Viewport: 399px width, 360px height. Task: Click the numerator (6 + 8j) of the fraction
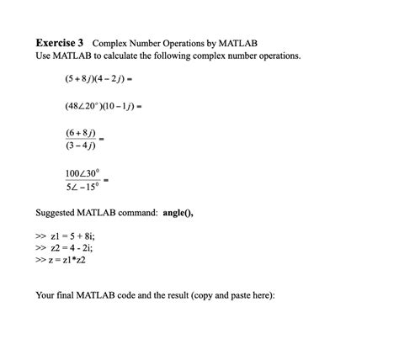[81, 133]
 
